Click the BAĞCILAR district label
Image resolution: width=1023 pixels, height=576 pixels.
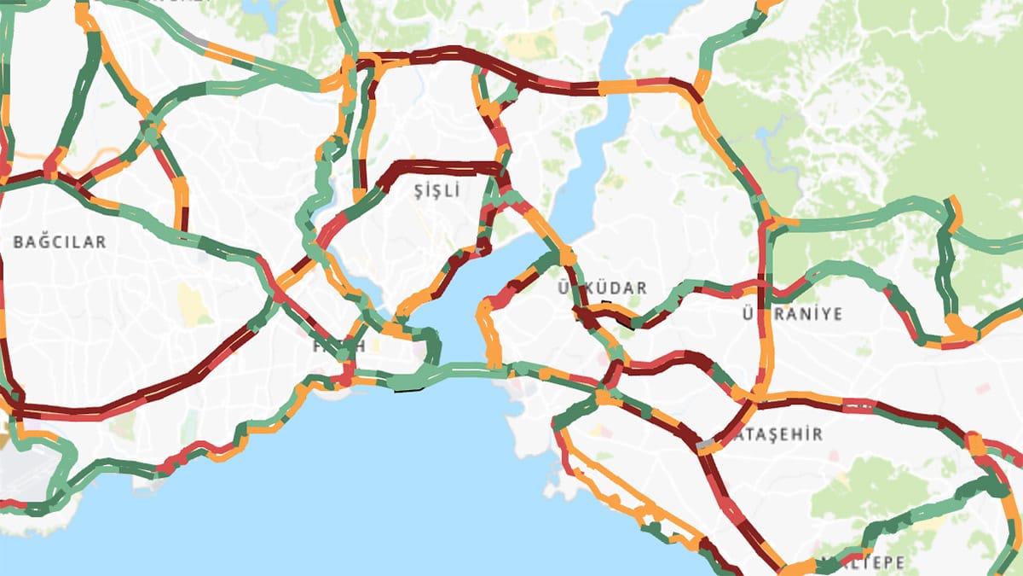tap(60, 242)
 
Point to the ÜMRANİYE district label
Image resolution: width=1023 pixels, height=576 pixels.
tap(792, 314)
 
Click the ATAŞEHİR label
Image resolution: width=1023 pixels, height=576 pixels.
tap(781, 434)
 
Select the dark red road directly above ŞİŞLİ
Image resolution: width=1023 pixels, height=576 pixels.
tap(443, 164)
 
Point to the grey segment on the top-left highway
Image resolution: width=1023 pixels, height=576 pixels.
tap(198, 38)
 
